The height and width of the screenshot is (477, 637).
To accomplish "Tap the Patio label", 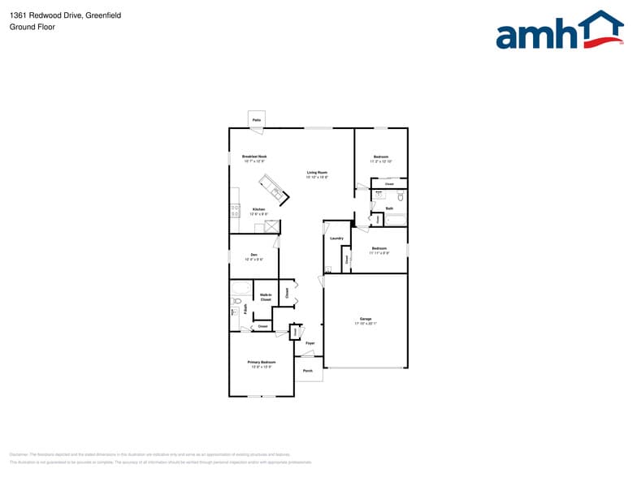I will [x=256, y=120].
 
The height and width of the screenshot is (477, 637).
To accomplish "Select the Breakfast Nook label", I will [x=254, y=157].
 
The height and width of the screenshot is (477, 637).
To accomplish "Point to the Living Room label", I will [x=317, y=174].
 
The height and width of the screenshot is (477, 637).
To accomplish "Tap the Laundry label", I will [x=336, y=238].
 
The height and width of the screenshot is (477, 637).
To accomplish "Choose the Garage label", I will [x=366, y=320].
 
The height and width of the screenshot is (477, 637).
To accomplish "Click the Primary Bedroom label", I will [x=262, y=363].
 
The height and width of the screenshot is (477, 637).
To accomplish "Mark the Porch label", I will [x=308, y=371].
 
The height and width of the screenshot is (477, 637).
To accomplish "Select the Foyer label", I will [x=310, y=343].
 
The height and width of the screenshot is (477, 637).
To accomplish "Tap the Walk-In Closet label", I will [x=266, y=297].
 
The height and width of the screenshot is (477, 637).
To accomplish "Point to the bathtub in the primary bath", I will [x=241, y=289].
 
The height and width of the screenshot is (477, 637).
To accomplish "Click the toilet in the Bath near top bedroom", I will [x=401, y=196].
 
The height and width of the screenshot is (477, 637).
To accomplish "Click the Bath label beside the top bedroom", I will [x=389, y=209].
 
